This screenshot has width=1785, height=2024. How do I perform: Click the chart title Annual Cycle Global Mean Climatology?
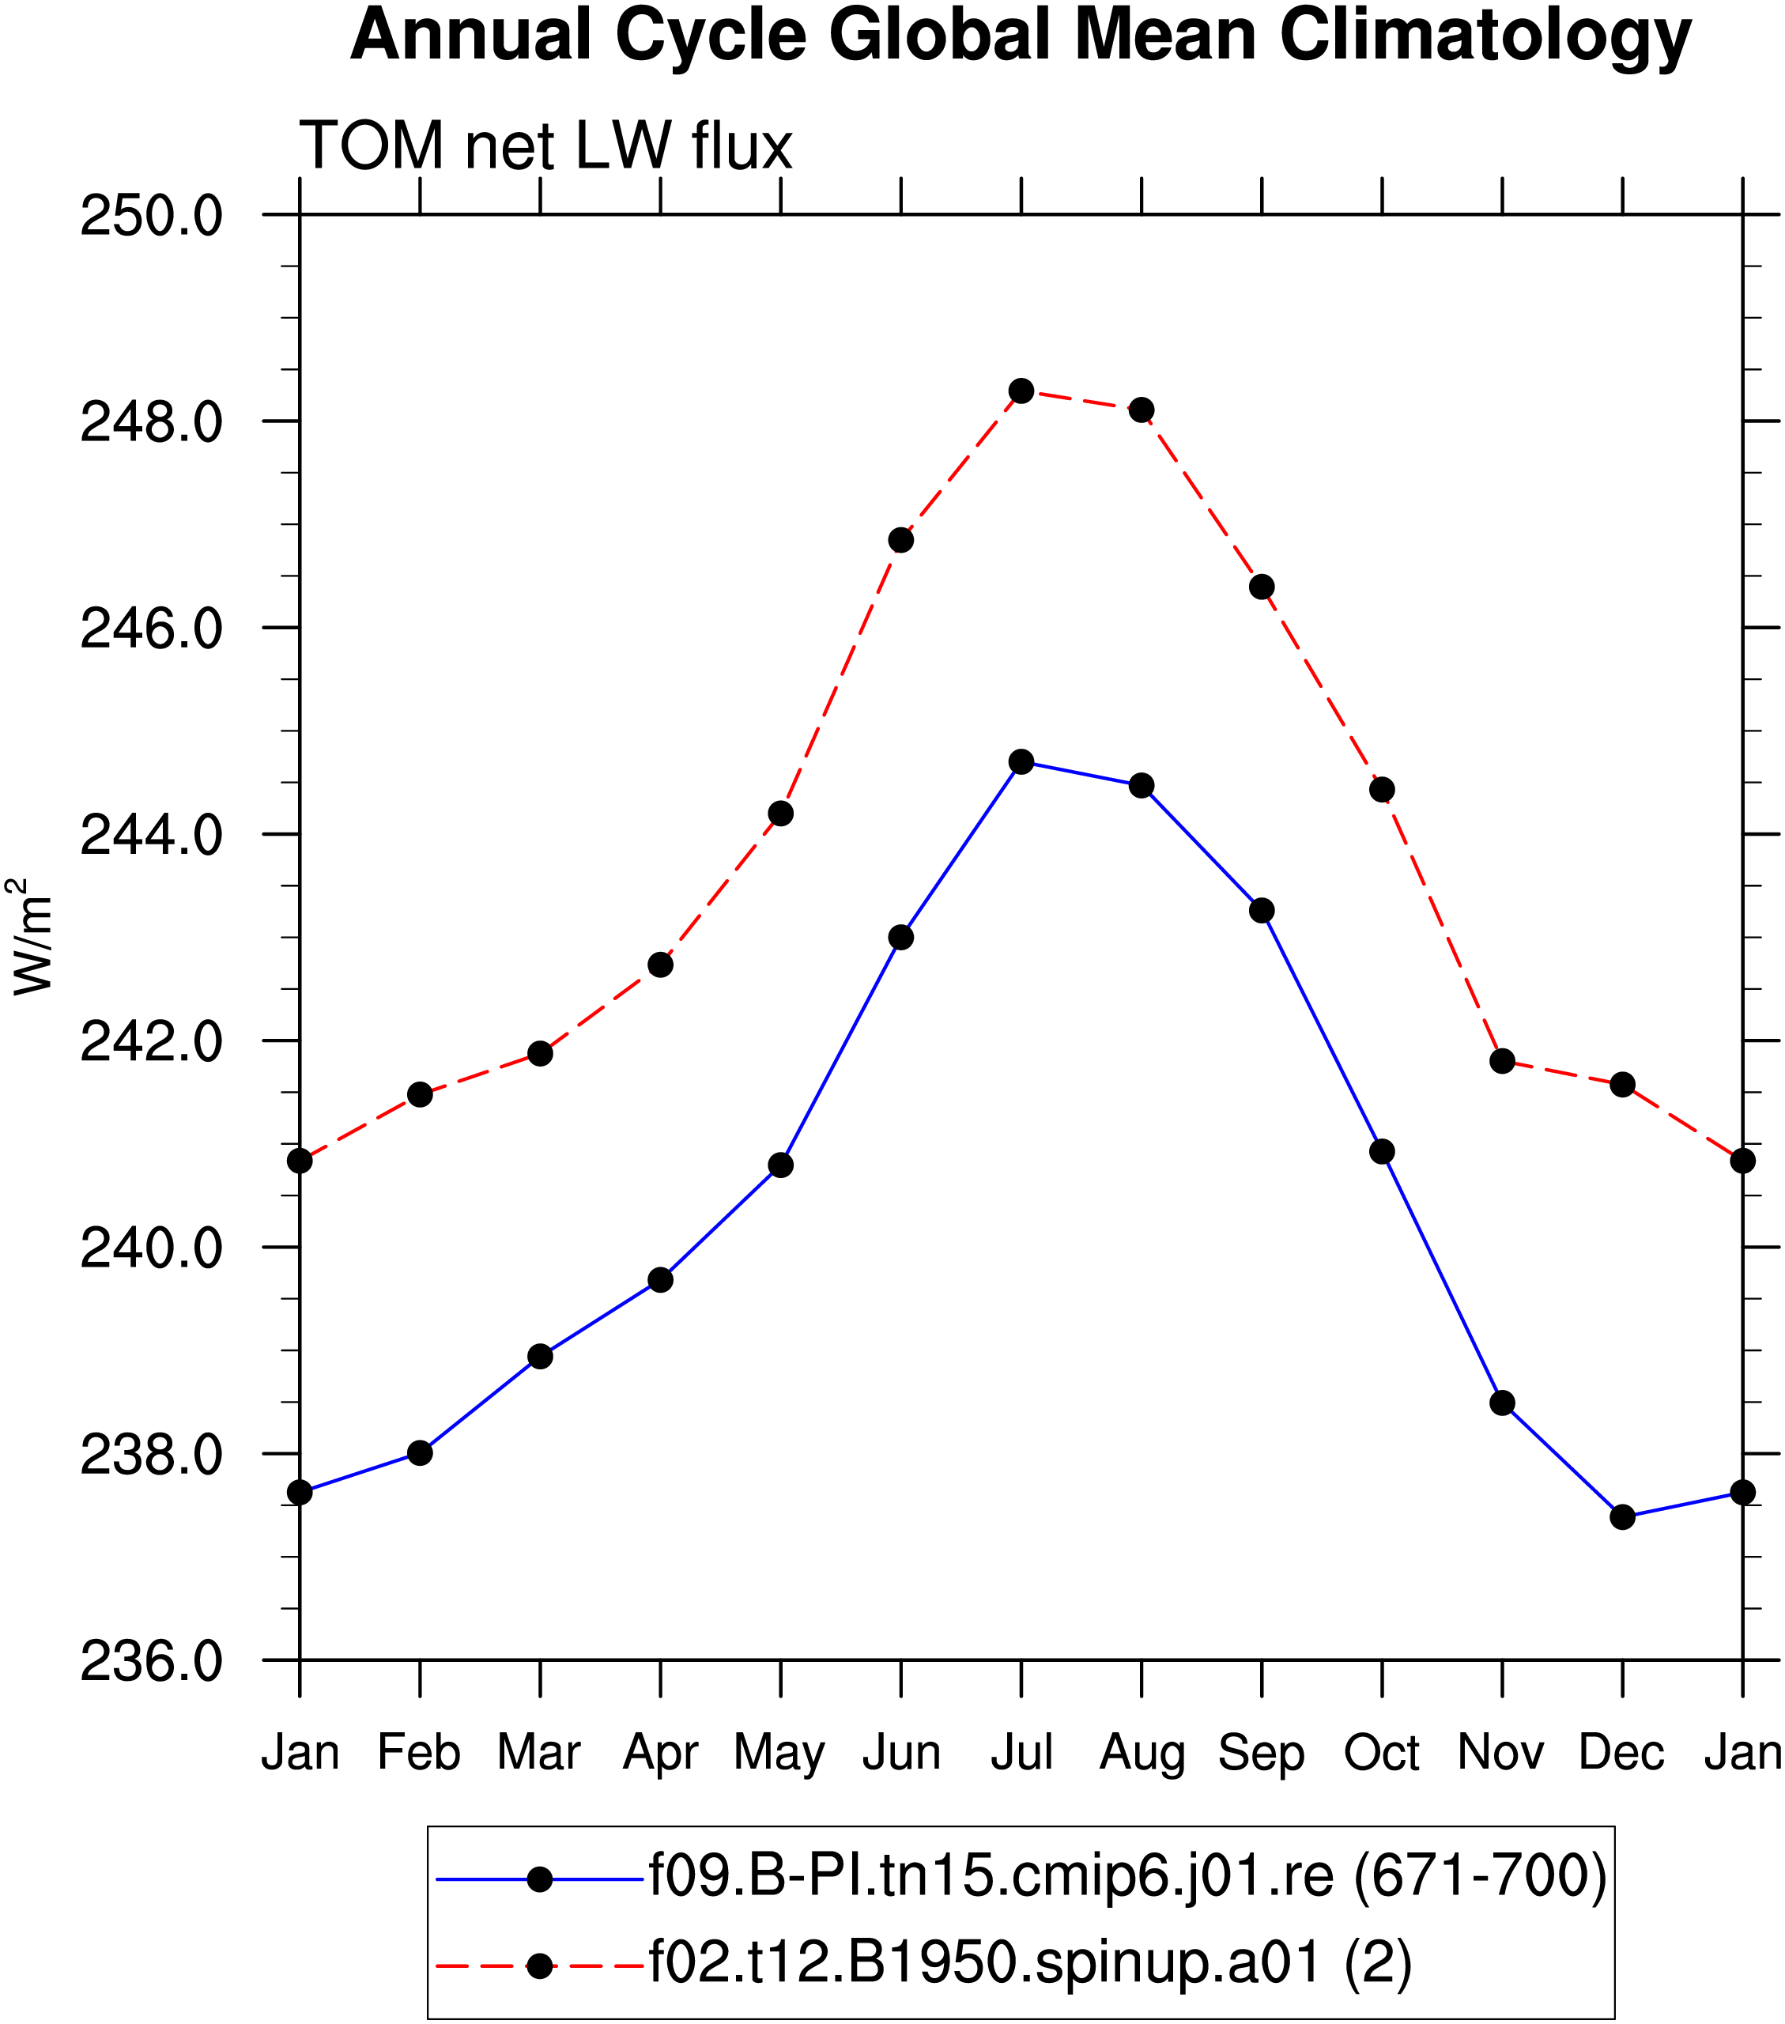(x=1021, y=36)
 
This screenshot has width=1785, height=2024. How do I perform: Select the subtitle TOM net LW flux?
(x=545, y=145)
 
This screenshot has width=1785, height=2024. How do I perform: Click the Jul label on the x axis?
(x=1021, y=1752)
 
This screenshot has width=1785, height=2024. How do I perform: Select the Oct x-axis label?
(x=1382, y=1752)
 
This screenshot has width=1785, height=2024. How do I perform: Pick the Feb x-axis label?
(x=420, y=1752)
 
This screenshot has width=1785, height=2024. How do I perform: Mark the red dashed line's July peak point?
(x=1021, y=391)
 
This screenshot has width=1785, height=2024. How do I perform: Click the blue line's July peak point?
(x=1021, y=762)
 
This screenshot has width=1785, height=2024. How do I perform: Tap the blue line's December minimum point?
(x=1623, y=1517)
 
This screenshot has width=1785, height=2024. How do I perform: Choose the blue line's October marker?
(x=1382, y=1152)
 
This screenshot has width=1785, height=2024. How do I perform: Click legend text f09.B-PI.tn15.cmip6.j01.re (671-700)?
(x=1127, y=1875)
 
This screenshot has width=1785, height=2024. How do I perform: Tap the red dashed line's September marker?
(x=1262, y=587)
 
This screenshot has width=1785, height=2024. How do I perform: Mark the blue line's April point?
(x=660, y=1280)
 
